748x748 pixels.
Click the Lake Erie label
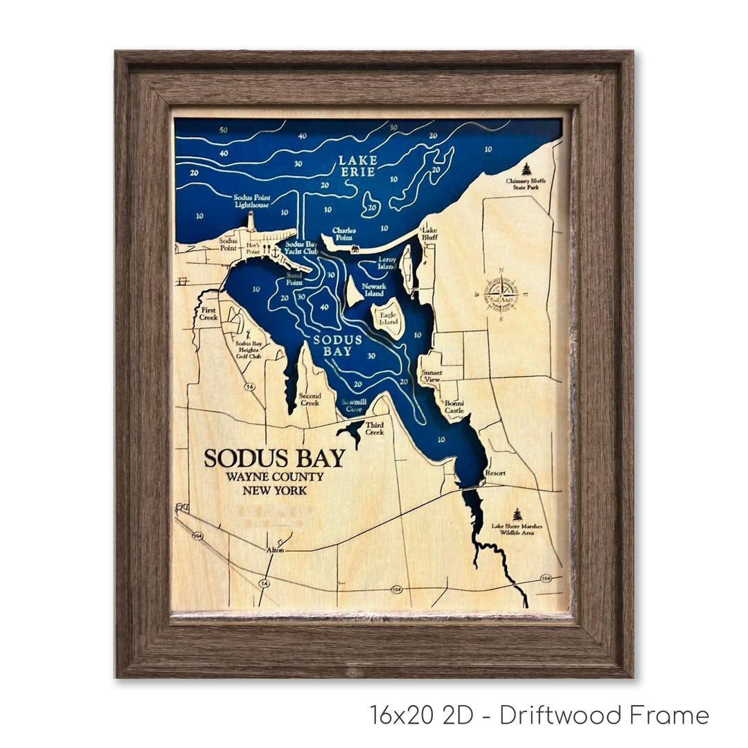357,166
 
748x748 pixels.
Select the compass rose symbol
501,294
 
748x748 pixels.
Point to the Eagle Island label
388,318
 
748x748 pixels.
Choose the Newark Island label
374,290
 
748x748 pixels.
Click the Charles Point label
344,234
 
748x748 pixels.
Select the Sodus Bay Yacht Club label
301,248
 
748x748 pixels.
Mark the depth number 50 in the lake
222,130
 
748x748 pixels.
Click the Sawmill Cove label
352,405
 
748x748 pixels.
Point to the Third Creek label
375,428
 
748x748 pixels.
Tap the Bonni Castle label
454,407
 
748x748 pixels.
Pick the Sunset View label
431,376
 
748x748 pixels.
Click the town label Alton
276,551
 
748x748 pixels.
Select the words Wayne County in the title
274,477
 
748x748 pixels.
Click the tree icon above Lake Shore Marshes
517,514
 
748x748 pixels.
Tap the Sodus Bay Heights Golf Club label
249,350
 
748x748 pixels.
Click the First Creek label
208,314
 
